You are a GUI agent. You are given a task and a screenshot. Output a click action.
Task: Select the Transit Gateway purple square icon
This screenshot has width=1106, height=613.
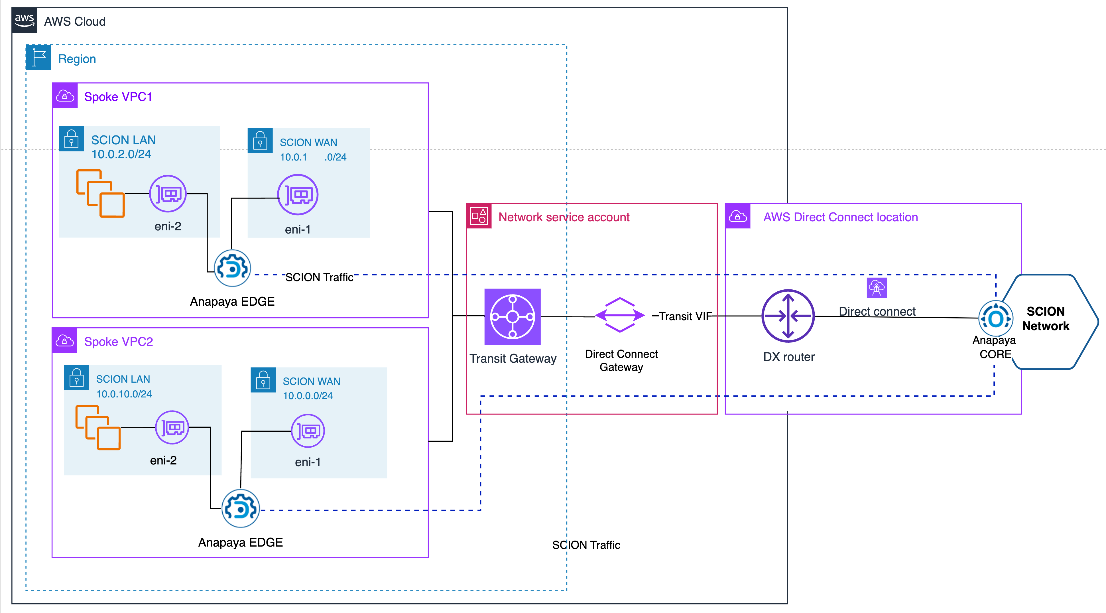coord(512,316)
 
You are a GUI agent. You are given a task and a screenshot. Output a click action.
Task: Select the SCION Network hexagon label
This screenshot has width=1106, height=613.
coord(1046,318)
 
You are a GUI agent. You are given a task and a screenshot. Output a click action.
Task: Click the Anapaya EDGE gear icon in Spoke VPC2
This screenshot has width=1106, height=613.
coord(240,509)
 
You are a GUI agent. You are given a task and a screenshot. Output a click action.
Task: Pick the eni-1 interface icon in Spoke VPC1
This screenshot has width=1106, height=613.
coord(298,195)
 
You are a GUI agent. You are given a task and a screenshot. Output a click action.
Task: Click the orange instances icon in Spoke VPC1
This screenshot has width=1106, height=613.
coord(100,193)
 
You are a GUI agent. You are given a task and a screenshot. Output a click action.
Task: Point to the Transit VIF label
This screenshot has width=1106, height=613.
coord(685,316)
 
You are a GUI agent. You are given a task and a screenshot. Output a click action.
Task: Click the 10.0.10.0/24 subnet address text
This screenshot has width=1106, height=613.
coord(124,394)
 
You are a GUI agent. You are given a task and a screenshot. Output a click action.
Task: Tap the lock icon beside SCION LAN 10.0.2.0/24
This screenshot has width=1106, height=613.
coord(71,139)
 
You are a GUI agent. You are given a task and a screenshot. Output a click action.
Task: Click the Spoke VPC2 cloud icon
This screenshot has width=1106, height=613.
coord(64,341)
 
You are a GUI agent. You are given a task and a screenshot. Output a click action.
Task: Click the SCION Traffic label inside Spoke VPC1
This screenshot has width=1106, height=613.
coord(319,277)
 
